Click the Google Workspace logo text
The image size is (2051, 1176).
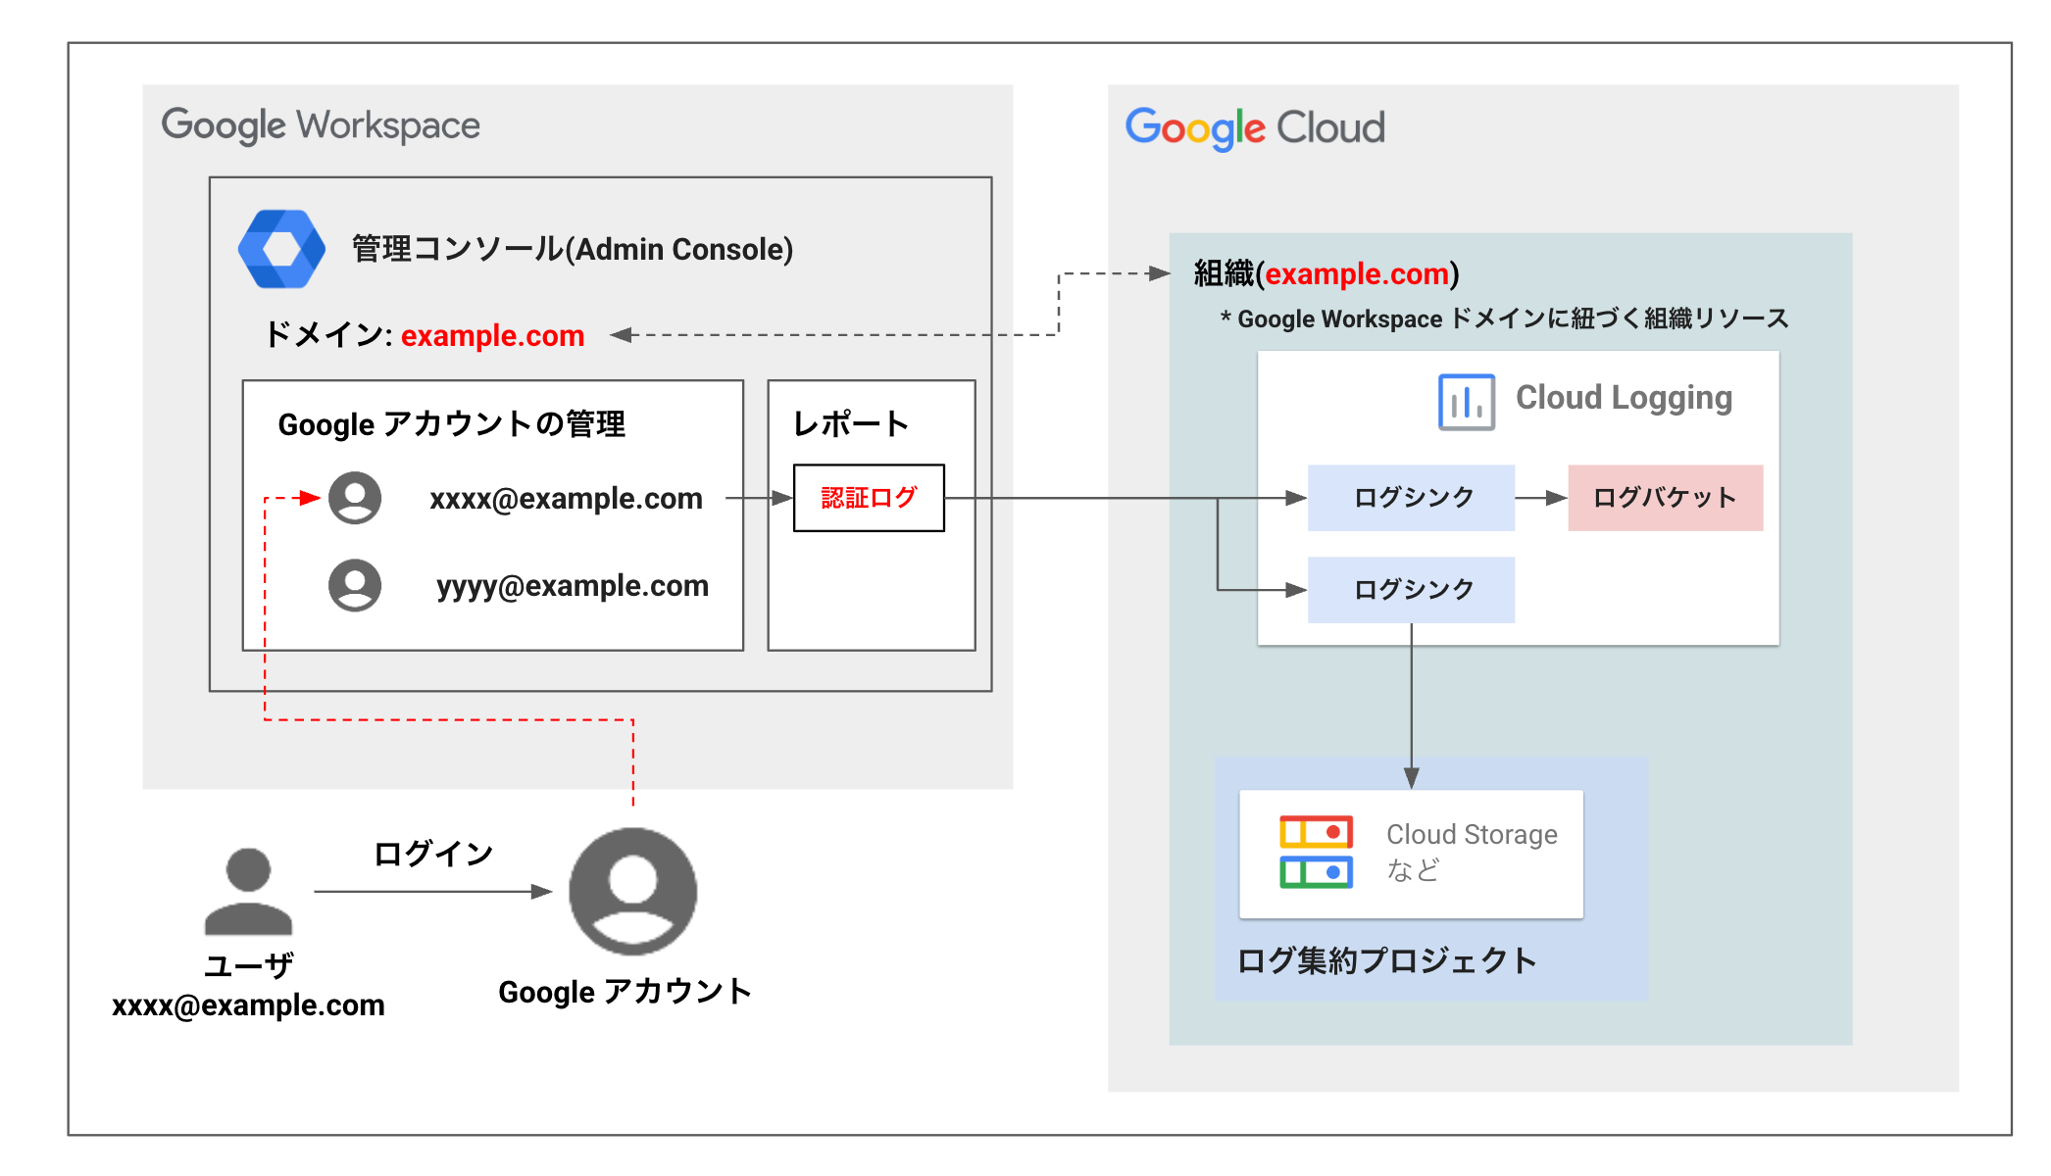321,125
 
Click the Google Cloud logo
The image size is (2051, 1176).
1254,128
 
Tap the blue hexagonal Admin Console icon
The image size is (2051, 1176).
281,249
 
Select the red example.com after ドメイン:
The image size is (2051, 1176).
492,336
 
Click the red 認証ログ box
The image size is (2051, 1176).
869,498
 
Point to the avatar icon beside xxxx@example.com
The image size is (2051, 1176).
355,498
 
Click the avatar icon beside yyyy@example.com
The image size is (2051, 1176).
355,585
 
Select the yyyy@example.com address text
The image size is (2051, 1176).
573,586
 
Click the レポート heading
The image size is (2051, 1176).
851,424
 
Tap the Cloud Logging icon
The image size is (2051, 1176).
1466,402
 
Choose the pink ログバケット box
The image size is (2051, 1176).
1665,498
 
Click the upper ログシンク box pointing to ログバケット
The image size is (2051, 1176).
1412,498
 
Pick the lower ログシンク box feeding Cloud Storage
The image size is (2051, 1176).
1412,590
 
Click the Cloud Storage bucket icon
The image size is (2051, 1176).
1316,852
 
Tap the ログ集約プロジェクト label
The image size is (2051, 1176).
1386,960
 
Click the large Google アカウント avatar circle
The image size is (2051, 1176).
633,891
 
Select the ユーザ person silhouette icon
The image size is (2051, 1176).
248,891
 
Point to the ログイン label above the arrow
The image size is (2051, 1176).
432,854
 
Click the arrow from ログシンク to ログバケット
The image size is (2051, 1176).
1541,498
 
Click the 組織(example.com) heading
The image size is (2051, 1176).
1326,274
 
